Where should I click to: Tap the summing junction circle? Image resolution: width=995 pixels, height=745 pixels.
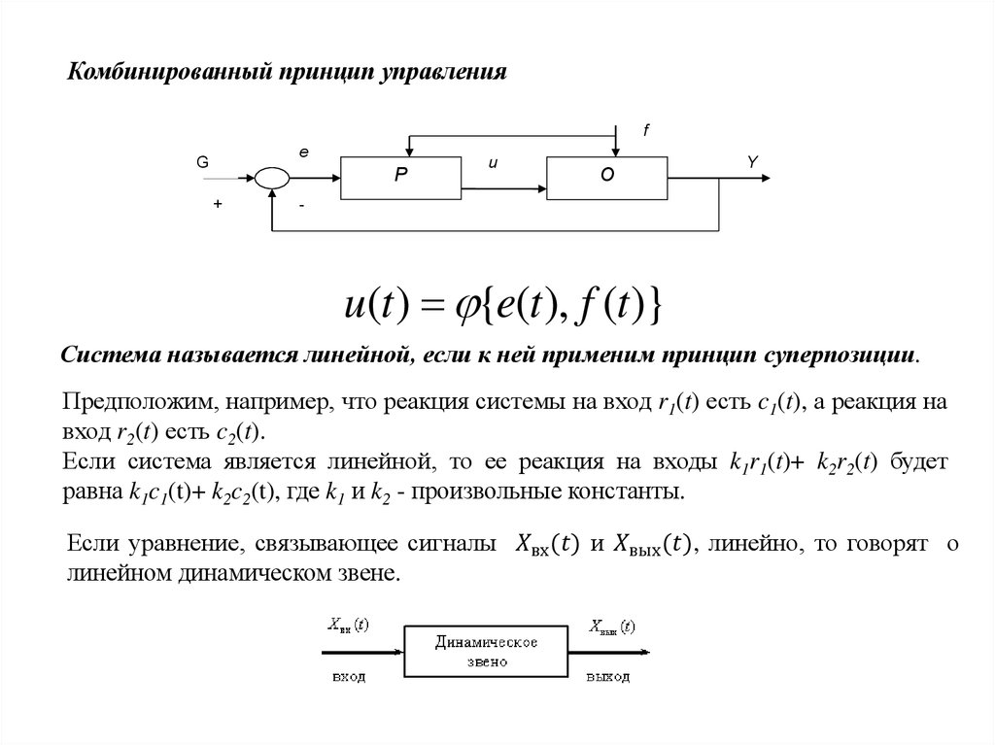(x=272, y=178)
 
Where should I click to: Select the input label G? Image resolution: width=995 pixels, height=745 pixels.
(x=203, y=163)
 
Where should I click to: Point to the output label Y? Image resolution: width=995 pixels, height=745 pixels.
(x=752, y=163)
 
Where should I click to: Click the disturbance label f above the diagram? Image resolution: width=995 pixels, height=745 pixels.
(x=645, y=130)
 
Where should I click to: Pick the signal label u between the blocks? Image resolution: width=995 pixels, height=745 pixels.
(x=493, y=163)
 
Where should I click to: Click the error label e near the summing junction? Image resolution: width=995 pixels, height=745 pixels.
(x=303, y=152)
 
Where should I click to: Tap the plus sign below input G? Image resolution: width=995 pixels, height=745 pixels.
(x=218, y=205)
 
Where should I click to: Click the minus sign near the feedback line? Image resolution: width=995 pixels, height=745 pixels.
(x=302, y=205)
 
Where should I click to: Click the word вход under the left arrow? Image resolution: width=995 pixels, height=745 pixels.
(x=348, y=676)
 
